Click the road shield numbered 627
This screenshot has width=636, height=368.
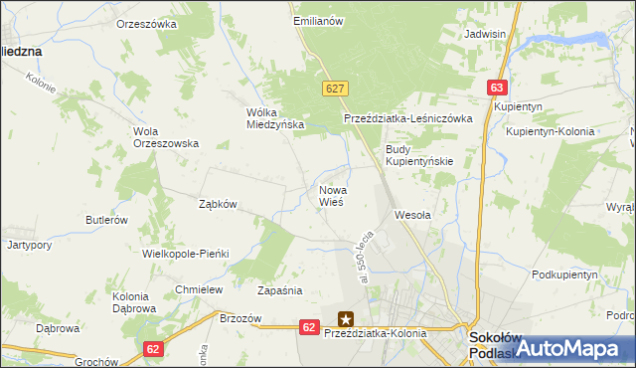click(334, 89)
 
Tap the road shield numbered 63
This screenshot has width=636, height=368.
click(498, 88)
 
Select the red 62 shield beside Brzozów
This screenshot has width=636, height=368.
click(309, 326)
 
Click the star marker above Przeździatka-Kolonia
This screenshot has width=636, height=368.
click(346, 319)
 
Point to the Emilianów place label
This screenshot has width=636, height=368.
click(317, 20)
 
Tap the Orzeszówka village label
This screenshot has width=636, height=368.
click(146, 23)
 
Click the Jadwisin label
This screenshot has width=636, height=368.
click(486, 33)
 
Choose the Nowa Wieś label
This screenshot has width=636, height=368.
click(331, 195)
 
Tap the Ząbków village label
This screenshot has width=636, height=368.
click(218, 204)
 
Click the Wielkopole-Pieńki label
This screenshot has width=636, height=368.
click(186, 254)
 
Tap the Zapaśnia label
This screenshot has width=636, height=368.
click(279, 291)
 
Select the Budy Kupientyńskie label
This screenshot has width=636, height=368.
click(419, 155)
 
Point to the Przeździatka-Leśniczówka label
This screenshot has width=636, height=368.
click(407, 117)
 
